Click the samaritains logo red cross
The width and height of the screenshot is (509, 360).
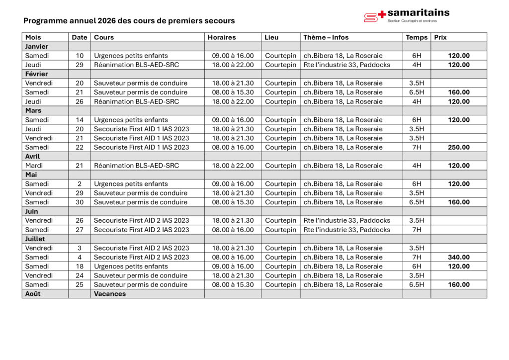(x=382, y=14)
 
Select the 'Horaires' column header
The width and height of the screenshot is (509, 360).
(x=222, y=37)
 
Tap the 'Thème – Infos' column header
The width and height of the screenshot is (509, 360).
(x=326, y=37)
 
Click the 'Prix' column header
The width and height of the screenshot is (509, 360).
(x=440, y=37)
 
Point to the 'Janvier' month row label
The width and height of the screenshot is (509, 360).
(x=36, y=46)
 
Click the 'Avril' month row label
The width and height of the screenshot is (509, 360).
(x=33, y=156)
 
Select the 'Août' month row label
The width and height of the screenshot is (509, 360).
(x=32, y=294)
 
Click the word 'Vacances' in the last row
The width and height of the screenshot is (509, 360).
(x=110, y=294)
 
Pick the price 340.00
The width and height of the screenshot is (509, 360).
(x=458, y=257)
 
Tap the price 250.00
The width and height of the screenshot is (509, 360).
(x=458, y=147)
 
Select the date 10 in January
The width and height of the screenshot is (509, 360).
(x=80, y=56)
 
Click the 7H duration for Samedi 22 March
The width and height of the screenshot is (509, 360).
(x=417, y=147)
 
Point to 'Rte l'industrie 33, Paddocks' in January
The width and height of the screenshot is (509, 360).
(x=347, y=65)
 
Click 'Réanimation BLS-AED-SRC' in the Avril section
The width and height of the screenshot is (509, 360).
(x=136, y=166)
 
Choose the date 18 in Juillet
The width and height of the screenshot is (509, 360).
(x=80, y=267)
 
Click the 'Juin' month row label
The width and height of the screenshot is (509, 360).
(x=32, y=211)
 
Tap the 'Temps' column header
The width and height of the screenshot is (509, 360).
(x=417, y=37)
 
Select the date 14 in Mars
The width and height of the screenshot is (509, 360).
(x=80, y=120)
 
